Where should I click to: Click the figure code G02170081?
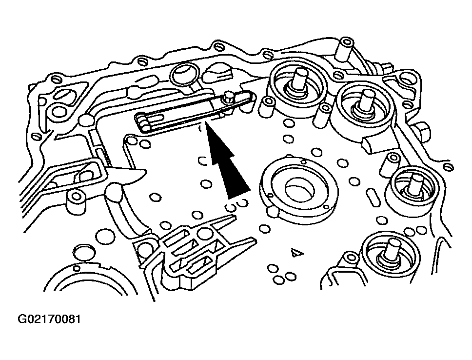(49, 319)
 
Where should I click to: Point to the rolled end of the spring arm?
(141, 122)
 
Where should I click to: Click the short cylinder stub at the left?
(76, 201)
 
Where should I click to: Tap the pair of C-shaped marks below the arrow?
(237, 205)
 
